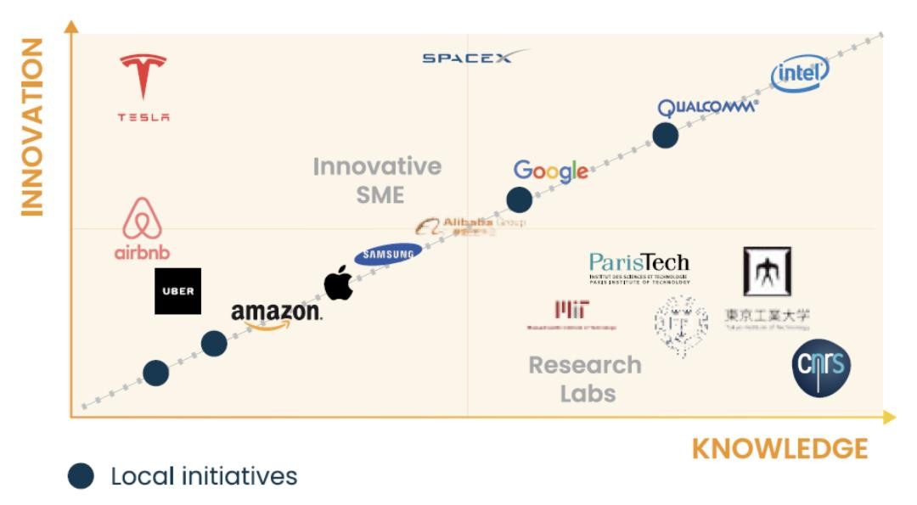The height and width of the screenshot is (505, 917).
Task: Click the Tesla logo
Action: point(143,87)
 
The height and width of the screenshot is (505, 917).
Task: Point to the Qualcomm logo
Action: point(707,108)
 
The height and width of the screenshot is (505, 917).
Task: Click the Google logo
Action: point(550,171)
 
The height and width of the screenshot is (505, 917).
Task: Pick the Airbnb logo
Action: point(143,228)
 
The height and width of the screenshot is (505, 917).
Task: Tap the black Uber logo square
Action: point(177,291)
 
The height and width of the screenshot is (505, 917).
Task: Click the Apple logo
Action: point(338,283)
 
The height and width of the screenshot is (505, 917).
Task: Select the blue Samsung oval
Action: point(388,254)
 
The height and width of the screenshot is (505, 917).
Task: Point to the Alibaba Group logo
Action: point(470,225)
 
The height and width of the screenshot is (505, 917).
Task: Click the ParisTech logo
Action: point(639,267)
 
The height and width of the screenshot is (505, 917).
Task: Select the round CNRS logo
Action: point(821,368)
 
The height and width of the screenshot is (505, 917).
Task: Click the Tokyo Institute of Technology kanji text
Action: point(767,317)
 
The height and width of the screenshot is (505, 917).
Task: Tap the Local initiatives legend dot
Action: point(81,476)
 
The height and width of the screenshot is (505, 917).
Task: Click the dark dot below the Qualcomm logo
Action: point(665,135)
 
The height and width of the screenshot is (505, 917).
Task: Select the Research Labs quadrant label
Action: point(586,379)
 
